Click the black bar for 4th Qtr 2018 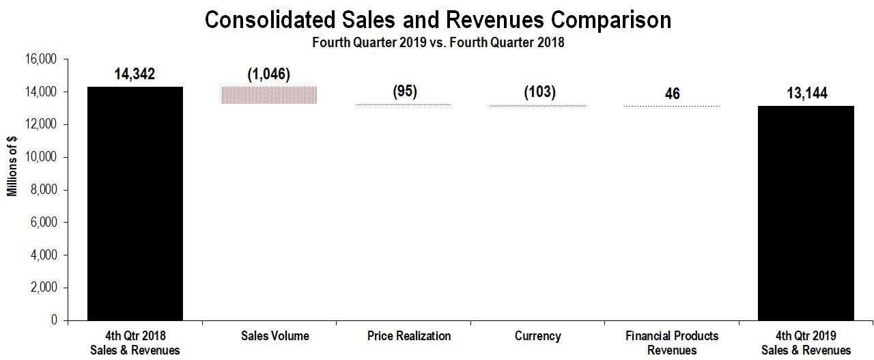coord(135,204)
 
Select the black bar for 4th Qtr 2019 coord(806,213)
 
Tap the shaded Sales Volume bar coord(269,95)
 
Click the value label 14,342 coord(135,74)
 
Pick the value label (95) coord(405,91)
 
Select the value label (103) coord(539,92)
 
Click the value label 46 coord(673,94)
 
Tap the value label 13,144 coord(807,94)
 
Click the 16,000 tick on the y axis coord(41,59)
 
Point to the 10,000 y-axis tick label coord(41,157)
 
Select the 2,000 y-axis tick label coord(44,288)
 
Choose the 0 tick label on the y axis coord(54,320)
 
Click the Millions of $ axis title coord(12,166)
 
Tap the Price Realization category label coord(409,336)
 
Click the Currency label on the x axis coord(537,336)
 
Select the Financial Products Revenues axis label coord(672,343)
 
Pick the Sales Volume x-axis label coord(275,336)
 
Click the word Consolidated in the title coord(270,20)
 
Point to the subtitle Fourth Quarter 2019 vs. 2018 coord(438,42)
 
